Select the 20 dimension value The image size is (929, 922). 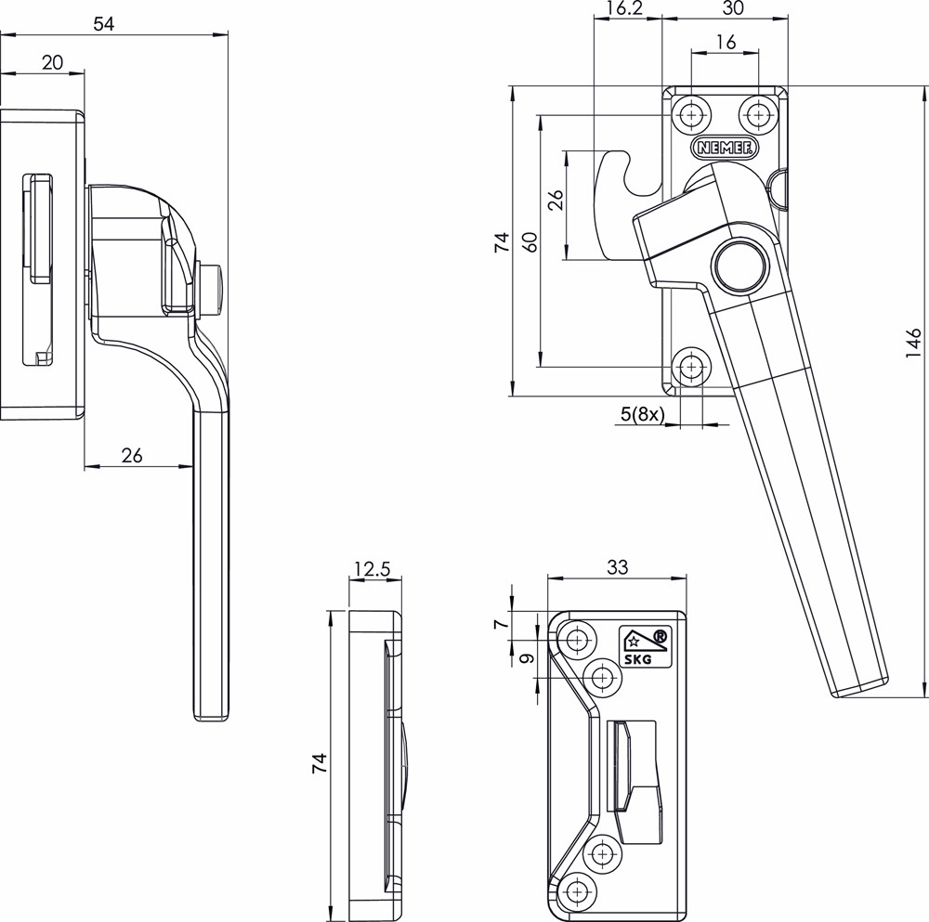point(53,62)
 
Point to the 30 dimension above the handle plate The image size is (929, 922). point(733,8)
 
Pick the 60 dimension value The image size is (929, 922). point(530,242)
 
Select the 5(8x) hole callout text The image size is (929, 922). point(641,415)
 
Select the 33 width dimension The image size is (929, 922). point(616,566)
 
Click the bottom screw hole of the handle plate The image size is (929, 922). point(691,368)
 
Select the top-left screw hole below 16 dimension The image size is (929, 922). point(691,115)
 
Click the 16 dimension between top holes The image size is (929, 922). point(726,43)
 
